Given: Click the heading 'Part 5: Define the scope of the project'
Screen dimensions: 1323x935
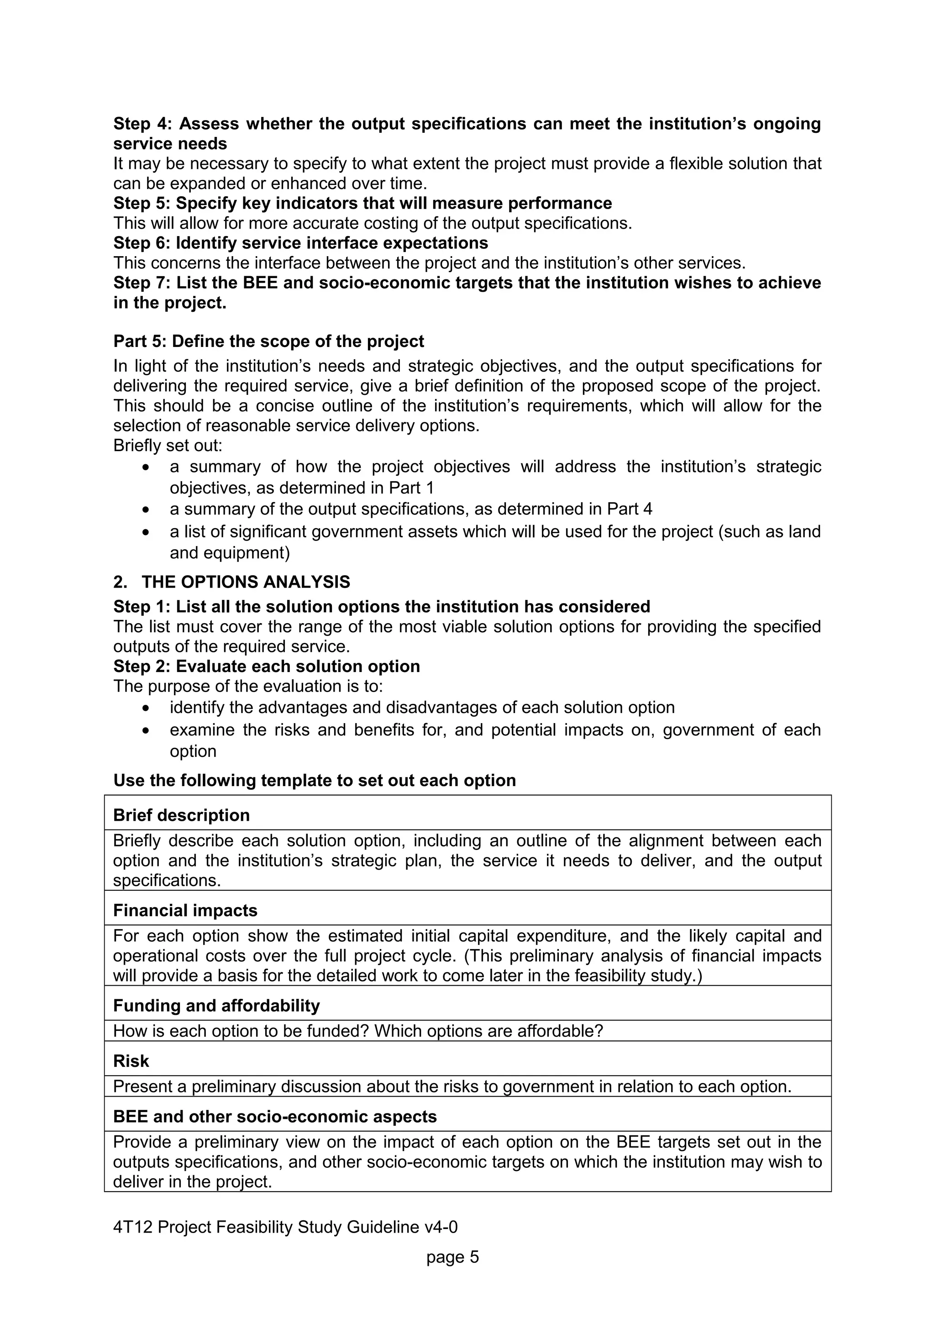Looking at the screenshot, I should pos(268,341).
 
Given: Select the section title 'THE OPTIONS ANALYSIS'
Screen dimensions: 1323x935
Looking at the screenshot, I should pos(246,582).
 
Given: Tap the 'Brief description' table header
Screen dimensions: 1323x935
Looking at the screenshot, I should pos(181,815).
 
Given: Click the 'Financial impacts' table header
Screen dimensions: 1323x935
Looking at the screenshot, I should pos(185,910).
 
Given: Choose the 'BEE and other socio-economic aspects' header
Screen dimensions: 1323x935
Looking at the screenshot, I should pos(275,1116).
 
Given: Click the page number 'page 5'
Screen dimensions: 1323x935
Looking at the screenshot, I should pos(452,1257).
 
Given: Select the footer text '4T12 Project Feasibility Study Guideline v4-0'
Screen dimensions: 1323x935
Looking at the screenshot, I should pos(285,1227).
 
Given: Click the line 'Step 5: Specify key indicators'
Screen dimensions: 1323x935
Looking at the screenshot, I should pos(362,204).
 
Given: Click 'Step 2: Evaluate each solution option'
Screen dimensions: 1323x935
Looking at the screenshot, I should pos(266,666).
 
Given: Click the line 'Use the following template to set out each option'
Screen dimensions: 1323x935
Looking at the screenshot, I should pos(315,780).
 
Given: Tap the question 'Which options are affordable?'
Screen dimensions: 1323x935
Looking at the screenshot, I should pos(489,1030).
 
